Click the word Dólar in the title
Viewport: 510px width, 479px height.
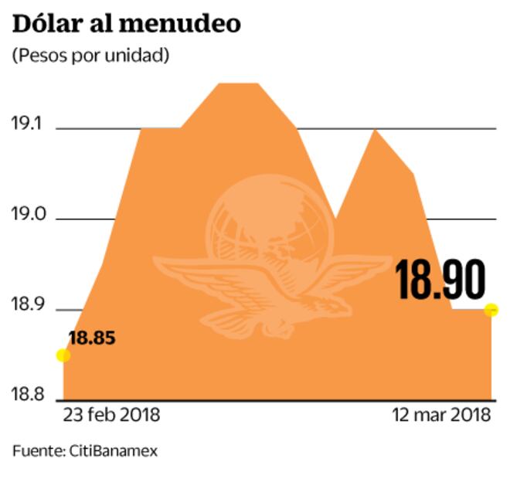point(46,23)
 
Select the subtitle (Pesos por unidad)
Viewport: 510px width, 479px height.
point(90,56)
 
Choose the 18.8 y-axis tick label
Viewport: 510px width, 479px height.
point(28,396)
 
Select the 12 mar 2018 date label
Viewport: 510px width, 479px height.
point(441,415)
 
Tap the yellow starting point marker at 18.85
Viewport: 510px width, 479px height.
point(63,355)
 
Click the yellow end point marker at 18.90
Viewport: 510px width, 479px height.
point(491,310)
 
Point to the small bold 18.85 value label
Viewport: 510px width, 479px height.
point(91,338)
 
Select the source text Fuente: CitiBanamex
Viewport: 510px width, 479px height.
point(85,450)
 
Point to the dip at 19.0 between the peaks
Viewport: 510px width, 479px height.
point(335,219)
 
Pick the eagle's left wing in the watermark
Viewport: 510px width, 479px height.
point(201,278)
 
